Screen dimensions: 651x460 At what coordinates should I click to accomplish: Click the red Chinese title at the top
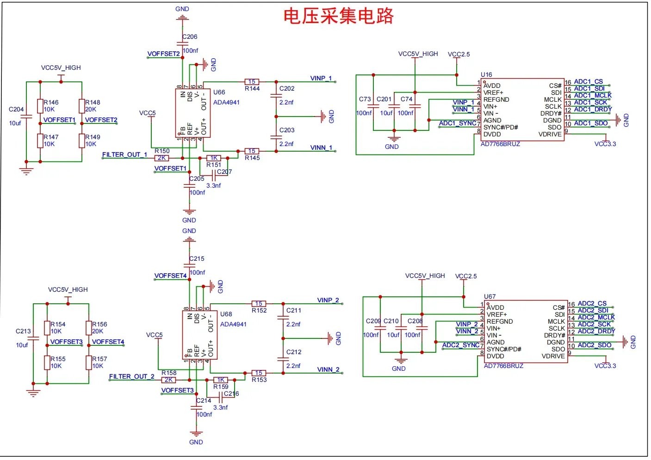click(x=339, y=16)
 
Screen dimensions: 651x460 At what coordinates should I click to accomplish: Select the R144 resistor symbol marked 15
click(x=252, y=82)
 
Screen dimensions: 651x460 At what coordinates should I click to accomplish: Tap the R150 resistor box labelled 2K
click(x=161, y=158)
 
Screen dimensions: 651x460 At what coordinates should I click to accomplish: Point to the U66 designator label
click(x=219, y=92)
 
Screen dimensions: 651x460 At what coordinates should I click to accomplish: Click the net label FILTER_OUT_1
click(x=124, y=155)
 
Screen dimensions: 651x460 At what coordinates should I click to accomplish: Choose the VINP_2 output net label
click(x=328, y=301)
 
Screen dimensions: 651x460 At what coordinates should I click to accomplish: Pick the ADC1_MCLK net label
click(x=593, y=96)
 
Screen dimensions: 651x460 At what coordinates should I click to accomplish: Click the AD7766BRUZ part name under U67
click(x=504, y=366)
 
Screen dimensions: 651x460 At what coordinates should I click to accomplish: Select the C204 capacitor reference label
click(x=16, y=110)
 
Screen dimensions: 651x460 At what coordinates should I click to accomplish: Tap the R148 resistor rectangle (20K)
click(x=82, y=106)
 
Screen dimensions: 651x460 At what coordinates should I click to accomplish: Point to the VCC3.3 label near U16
click(x=605, y=144)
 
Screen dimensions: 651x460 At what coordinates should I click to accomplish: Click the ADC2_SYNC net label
click(x=461, y=345)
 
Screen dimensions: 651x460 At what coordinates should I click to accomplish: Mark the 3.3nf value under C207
click(x=214, y=185)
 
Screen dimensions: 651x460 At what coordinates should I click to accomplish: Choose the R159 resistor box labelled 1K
click(x=221, y=380)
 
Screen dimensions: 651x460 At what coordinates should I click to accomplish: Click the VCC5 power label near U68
click(x=155, y=335)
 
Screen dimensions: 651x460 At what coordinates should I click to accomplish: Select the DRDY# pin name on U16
click(x=551, y=114)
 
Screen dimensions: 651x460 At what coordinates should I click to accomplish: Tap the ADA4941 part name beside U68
click(x=233, y=325)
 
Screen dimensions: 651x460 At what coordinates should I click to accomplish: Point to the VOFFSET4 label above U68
click(x=171, y=276)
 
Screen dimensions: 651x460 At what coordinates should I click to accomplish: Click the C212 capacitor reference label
click(x=294, y=352)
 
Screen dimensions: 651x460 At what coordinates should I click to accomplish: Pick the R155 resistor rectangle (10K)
click(x=47, y=363)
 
